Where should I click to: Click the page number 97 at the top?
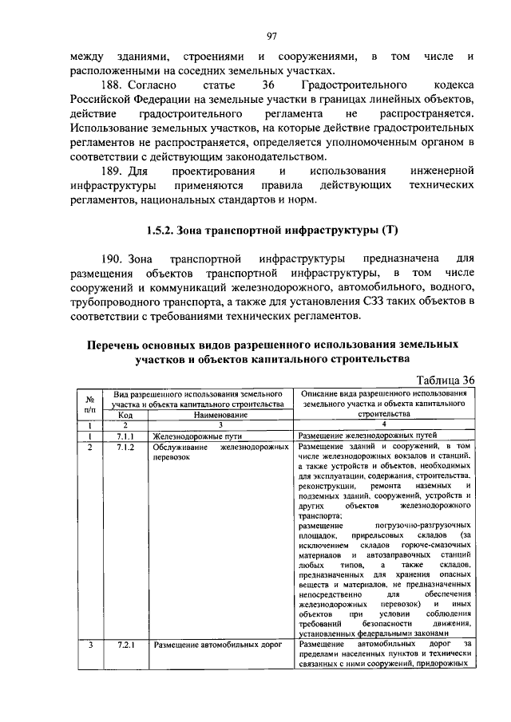tap(271, 36)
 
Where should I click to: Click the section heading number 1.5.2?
tap(164, 231)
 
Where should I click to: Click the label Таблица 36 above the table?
tap(440, 379)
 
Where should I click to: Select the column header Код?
tap(125, 415)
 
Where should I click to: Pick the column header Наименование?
tap(220, 415)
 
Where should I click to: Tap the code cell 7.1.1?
tap(125, 436)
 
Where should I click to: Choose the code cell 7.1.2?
tap(125, 448)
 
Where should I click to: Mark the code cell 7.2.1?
tap(125, 644)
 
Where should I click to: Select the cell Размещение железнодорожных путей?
tap(366, 436)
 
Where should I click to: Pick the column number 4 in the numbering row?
tap(384, 426)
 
